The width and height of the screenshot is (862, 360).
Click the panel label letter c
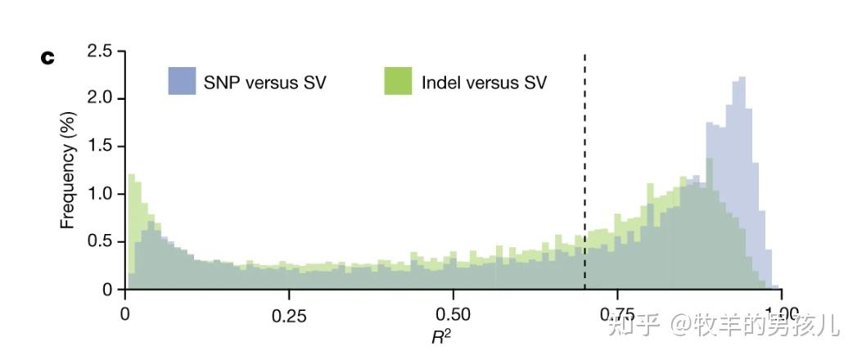coord(47,58)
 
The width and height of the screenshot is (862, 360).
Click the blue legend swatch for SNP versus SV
coord(182,82)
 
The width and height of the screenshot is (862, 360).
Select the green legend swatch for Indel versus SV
coord(399,82)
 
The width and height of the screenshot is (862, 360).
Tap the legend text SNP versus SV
coord(264,83)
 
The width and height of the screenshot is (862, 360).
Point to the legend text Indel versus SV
coord(483,83)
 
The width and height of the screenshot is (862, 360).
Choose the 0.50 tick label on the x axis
coord(453,314)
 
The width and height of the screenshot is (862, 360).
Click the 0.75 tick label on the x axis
coord(616,314)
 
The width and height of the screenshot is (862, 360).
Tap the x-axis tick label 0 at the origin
coord(125,314)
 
